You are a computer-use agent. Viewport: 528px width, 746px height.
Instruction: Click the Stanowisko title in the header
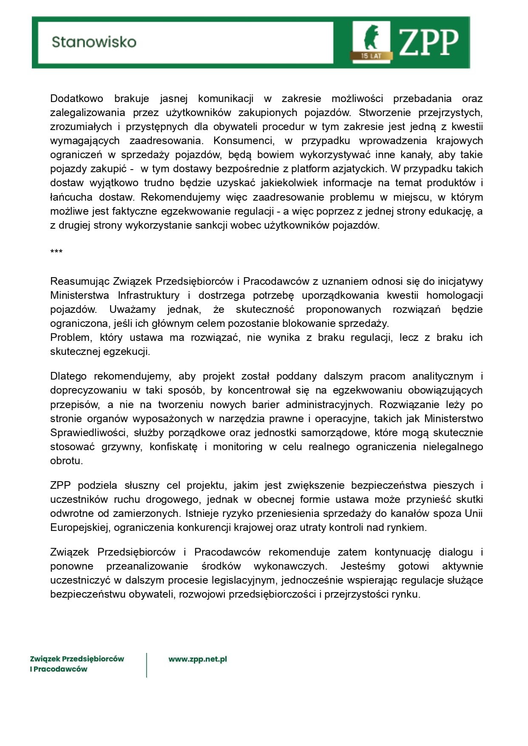[x=94, y=42]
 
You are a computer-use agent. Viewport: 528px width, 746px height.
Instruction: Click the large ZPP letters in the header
[x=429, y=42]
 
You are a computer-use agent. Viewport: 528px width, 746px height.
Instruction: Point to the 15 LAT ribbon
[x=371, y=56]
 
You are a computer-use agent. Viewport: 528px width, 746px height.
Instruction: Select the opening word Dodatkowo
[x=77, y=99]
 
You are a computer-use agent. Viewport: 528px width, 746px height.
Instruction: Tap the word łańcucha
[x=71, y=197]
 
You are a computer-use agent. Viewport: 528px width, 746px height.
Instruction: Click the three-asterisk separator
[x=56, y=252]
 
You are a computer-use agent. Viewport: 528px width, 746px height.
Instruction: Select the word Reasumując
[x=80, y=281]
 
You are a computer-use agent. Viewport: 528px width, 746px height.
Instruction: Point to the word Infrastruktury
[x=148, y=295]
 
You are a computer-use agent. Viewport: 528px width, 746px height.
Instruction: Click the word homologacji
[x=454, y=295]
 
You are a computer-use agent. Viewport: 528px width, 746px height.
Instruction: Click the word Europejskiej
[x=79, y=528]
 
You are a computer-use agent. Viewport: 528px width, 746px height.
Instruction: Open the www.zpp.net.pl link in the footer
[x=198, y=659]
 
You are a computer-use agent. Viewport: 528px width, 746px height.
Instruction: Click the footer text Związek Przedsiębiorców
[x=77, y=659]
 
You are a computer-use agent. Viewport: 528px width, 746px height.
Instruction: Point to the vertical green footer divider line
[x=147, y=665]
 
